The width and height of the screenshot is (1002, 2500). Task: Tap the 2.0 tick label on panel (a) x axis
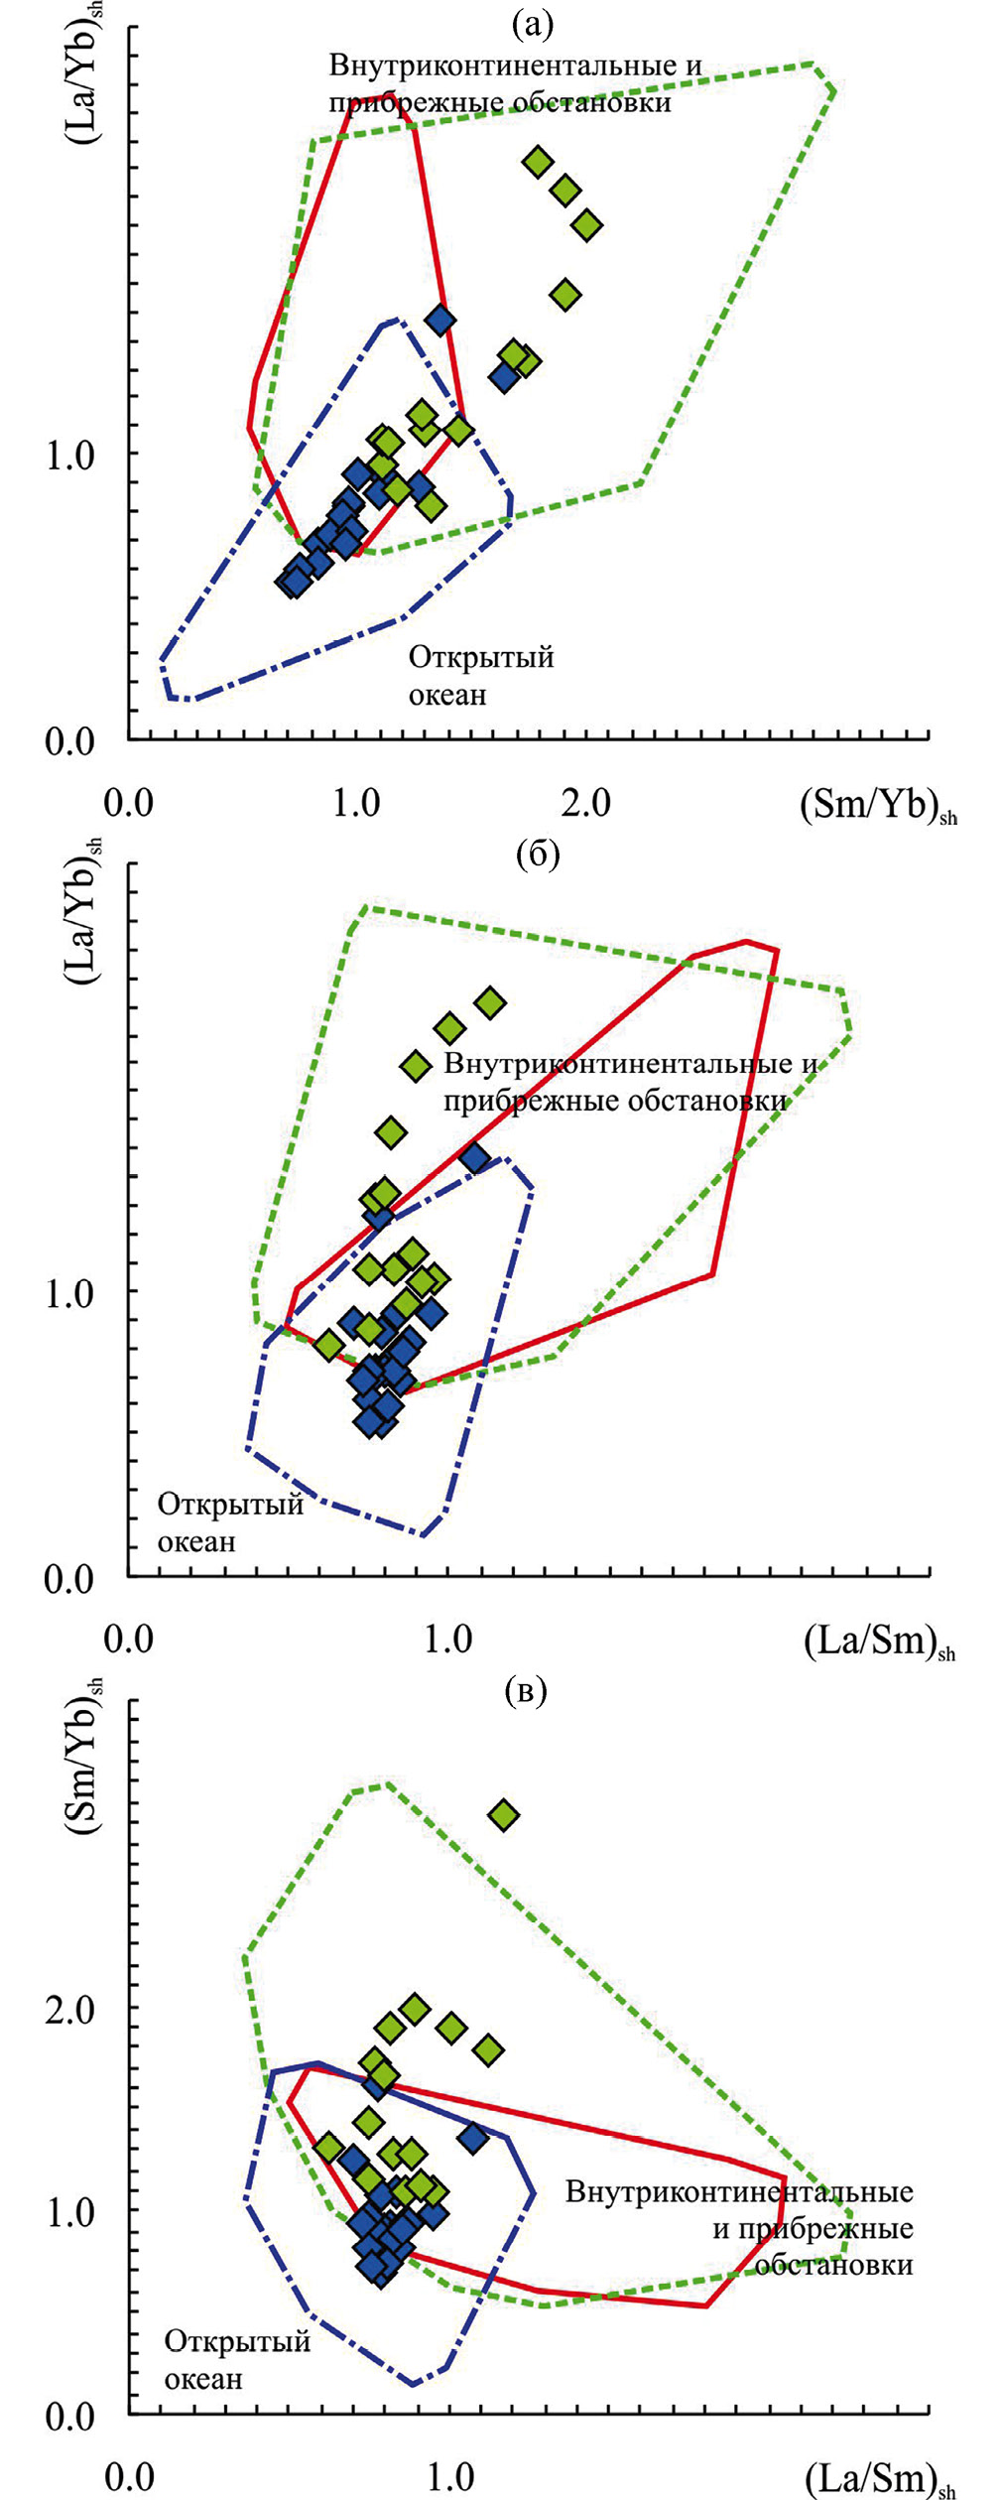coord(585,802)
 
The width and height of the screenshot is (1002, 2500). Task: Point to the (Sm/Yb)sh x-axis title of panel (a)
coord(877,806)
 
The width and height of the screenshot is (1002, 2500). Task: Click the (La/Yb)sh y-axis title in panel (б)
coord(85,913)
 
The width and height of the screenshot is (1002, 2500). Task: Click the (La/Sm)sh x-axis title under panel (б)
coord(878,1642)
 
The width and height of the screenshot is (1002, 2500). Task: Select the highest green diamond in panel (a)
coord(538,162)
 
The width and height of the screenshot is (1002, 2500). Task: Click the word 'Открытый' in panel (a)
coord(481,657)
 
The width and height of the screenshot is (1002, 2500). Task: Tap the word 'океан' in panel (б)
coord(196,1542)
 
